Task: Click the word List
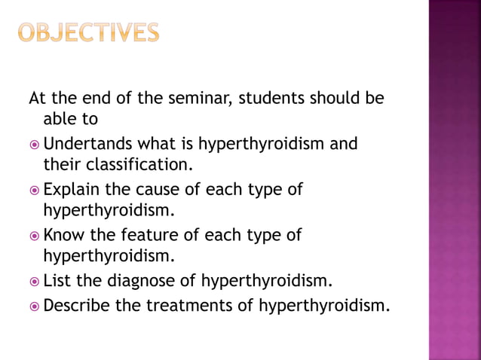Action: [x=58, y=282]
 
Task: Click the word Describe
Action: [x=78, y=305]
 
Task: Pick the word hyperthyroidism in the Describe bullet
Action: [x=325, y=305]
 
